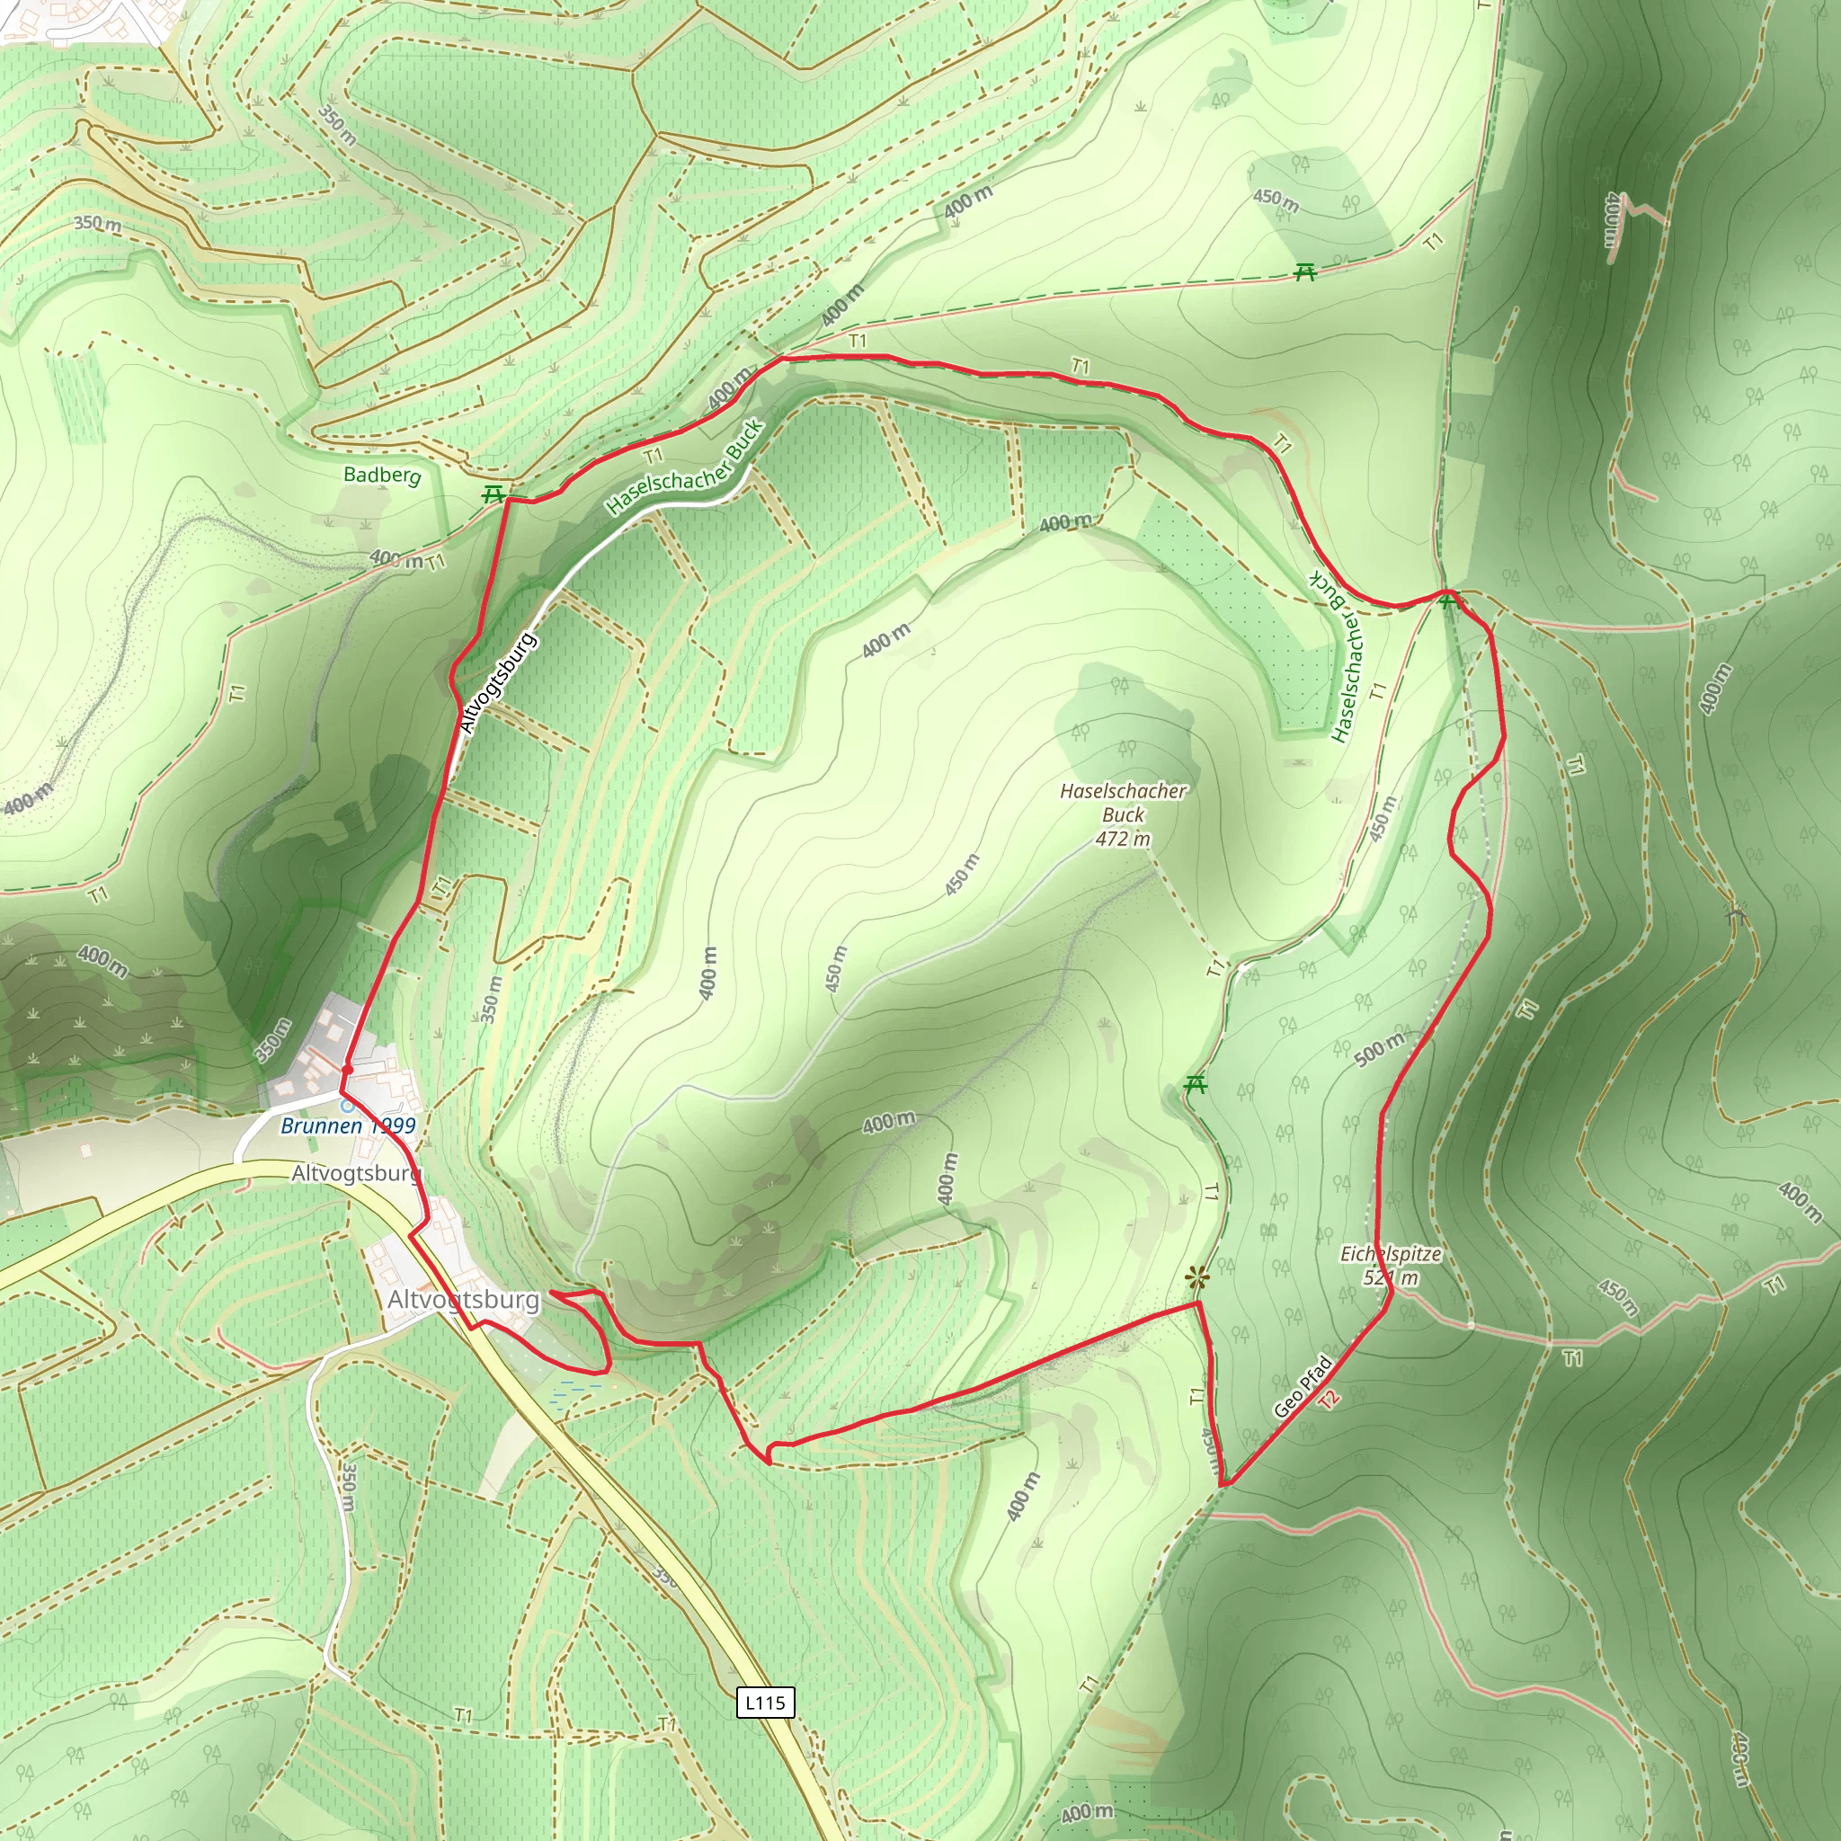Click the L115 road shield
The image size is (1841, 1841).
pyautogui.click(x=765, y=1703)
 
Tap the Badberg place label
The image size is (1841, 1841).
pyautogui.click(x=381, y=474)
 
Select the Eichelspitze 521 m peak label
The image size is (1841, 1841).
pyautogui.click(x=1391, y=1266)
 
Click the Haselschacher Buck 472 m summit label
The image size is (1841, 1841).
pyautogui.click(x=1123, y=814)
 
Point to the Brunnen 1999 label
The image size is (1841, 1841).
pyautogui.click(x=348, y=1125)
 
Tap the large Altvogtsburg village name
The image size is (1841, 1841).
pyautogui.click(x=463, y=1300)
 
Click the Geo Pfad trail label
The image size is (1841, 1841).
pyautogui.click(x=1302, y=1386)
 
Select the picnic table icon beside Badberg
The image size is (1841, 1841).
pyautogui.click(x=493, y=494)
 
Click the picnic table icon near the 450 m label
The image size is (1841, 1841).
pyautogui.click(x=1304, y=272)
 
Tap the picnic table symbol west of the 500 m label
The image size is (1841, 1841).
pyautogui.click(x=1195, y=1084)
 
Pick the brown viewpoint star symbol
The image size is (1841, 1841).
pyautogui.click(x=1196, y=1278)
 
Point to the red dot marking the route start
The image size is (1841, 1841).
pyautogui.click(x=348, y=1069)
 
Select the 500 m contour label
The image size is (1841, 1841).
pyautogui.click(x=1379, y=1047)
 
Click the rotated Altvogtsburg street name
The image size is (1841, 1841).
pyautogui.click(x=497, y=682)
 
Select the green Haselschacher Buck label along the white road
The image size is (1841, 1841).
pyautogui.click(x=685, y=467)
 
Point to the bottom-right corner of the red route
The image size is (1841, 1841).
pyautogui.click(x=1226, y=1483)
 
